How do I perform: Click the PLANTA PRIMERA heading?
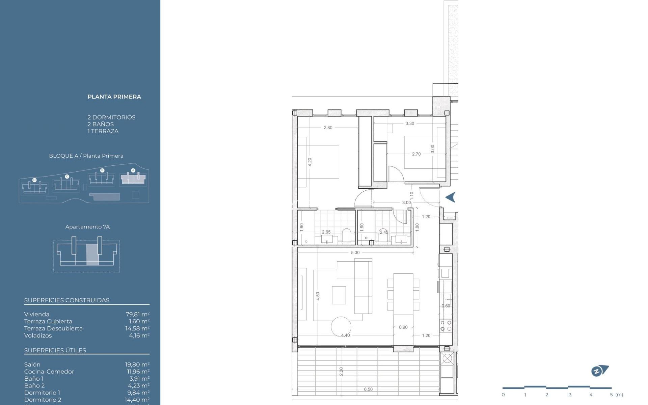click(x=114, y=97)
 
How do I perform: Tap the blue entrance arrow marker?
click(x=451, y=197)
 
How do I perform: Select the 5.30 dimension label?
click(x=355, y=252)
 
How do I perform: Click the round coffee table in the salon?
click(x=341, y=326)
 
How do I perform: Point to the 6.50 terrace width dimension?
click(x=368, y=389)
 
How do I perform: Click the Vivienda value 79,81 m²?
click(x=137, y=314)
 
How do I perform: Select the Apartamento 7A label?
click(x=87, y=227)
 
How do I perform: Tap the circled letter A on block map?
click(x=133, y=170)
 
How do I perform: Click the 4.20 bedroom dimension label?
click(x=310, y=162)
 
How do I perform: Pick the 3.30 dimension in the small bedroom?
click(x=409, y=124)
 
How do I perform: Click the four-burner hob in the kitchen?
click(x=446, y=326)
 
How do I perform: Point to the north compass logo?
click(x=599, y=371)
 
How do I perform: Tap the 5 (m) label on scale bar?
click(x=616, y=395)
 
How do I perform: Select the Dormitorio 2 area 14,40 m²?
click(x=137, y=400)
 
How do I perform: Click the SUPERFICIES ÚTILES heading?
click(x=55, y=350)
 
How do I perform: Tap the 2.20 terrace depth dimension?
click(x=341, y=371)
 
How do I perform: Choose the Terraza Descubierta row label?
click(x=53, y=328)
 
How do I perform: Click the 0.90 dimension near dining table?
click(x=403, y=327)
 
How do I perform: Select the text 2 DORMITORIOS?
click(x=111, y=117)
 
